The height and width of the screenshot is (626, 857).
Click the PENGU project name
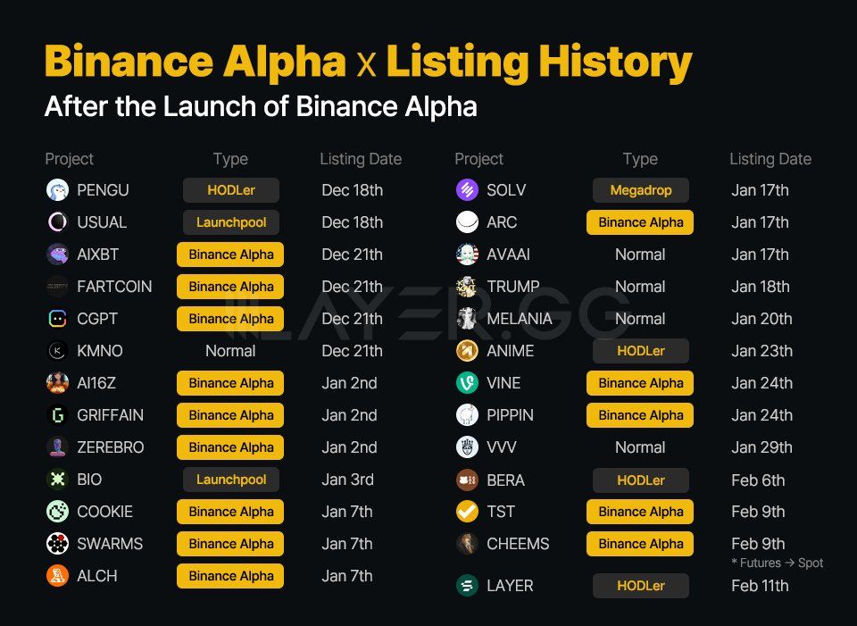click(103, 190)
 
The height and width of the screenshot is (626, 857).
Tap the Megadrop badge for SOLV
click(641, 190)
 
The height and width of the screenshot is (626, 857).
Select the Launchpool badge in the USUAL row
click(231, 222)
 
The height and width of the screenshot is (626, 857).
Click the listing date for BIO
click(347, 480)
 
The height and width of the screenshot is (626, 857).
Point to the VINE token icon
click(467, 383)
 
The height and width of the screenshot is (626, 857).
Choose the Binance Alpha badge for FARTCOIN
click(230, 287)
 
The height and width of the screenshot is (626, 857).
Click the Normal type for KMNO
click(230, 351)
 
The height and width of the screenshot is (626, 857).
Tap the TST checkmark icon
click(467, 512)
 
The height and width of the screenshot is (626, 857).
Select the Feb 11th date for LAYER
click(760, 586)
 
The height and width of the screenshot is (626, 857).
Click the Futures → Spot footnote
click(778, 563)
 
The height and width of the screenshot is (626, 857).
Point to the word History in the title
click(615, 62)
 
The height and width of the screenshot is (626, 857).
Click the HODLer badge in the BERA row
click(641, 480)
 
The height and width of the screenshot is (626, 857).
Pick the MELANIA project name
click(520, 319)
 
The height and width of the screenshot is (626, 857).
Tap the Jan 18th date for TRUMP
click(761, 287)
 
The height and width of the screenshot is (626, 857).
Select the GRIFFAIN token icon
click(57, 415)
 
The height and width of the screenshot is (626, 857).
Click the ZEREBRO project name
click(111, 447)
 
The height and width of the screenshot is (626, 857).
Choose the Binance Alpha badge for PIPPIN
click(640, 415)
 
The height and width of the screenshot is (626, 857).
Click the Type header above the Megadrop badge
click(640, 159)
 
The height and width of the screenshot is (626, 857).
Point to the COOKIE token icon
click(57, 512)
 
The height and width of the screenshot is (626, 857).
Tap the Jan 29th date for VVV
click(761, 447)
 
